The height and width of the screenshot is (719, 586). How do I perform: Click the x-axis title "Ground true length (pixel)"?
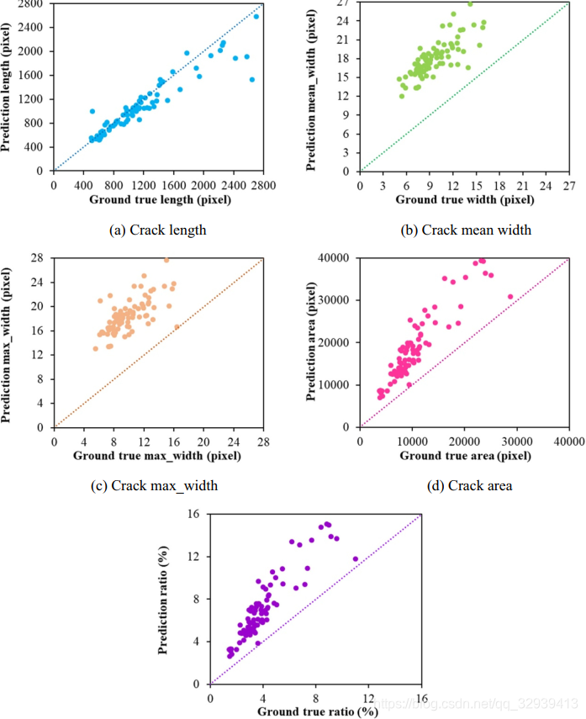[x=158, y=200]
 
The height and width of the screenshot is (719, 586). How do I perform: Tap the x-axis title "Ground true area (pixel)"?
[x=464, y=455]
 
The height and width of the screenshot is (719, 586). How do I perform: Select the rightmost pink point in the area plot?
[x=510, y=297]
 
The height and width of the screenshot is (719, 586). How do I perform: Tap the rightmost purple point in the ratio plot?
[x=355, y=558]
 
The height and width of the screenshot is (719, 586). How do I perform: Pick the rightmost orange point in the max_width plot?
[x=177, y=326]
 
